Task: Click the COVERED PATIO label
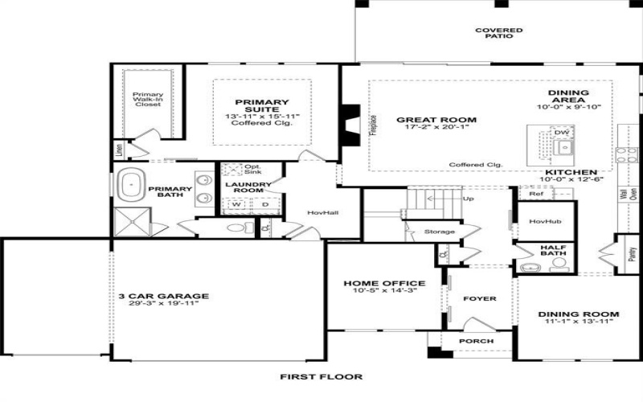pos(498,33)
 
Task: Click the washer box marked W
pos(237,204)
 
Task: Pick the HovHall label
pos(320,212)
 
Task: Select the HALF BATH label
pos(553,252)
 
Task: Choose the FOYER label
pos(481,298)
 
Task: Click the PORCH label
pos(476,341)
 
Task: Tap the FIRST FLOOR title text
pos(321,376)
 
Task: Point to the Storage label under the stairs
pos(440,232)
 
